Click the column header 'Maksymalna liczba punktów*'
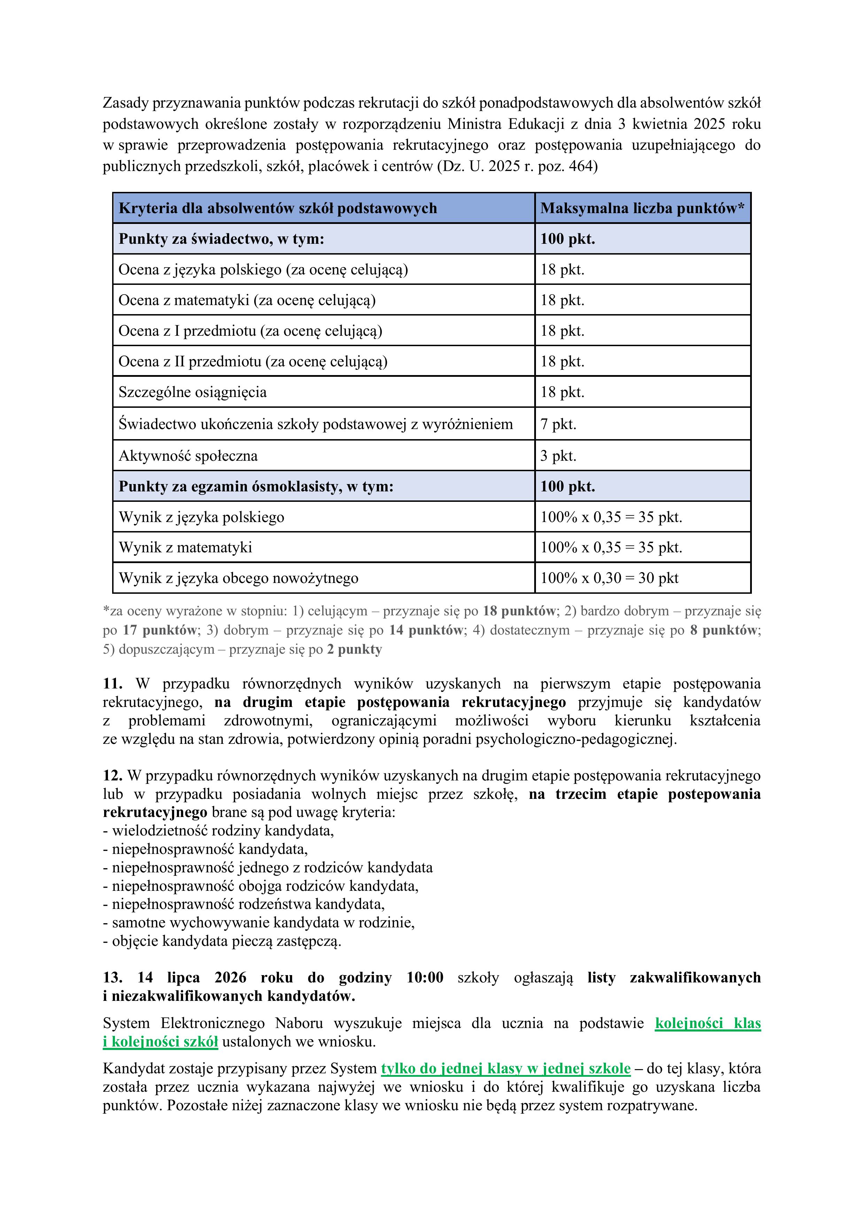(642, 208)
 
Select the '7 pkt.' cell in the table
(559, 424)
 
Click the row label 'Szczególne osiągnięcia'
(192, 392)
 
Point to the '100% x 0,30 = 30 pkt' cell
(609, 578)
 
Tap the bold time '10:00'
(425, 978)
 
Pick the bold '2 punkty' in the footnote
(355, 649)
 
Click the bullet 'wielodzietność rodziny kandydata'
(223, 830)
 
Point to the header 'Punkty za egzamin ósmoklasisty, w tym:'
(256, 487)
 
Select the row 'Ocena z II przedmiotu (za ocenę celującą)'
(253, 361)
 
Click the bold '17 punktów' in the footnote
(160, 630)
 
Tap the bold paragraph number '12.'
(112, 776)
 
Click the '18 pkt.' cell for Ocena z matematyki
(562, 300)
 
